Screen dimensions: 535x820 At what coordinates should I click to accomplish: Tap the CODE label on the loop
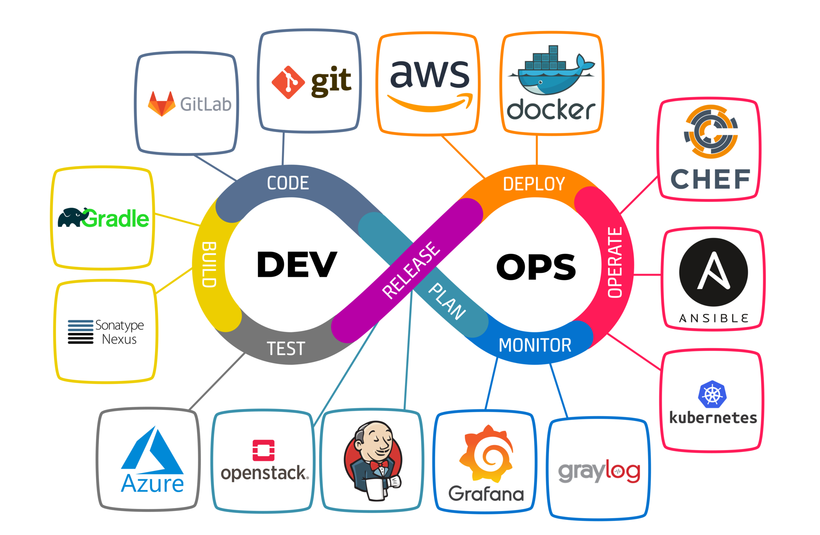click(x=288, y=183)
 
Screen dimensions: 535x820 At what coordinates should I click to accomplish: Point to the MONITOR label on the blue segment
click(x=535, y=345)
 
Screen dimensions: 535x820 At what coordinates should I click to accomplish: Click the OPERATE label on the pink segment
click(x=615, y=262)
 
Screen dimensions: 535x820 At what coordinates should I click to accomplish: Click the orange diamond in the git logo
click(x=288, y=82)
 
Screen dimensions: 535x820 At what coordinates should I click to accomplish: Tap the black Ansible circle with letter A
click(x=713, y=272)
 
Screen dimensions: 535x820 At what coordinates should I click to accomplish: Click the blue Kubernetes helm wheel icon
click(x=712, y=394)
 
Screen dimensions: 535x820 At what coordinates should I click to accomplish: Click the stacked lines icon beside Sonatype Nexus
click(x=80, y=332)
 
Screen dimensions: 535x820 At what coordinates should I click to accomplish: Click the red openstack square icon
click(x=263, y=450)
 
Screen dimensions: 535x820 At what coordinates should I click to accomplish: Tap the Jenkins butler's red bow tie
click(x=379, y=465)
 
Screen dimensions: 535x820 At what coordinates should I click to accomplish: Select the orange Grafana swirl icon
click(x=486, y=454)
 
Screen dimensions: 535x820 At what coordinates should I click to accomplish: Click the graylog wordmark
click(x=599, y=471)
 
